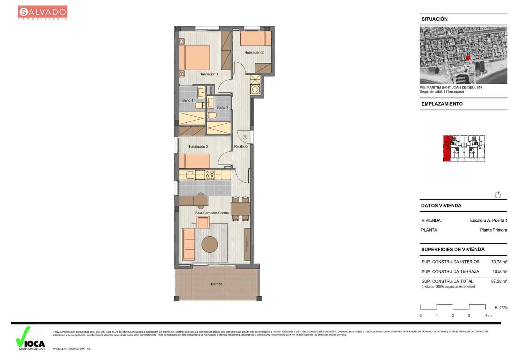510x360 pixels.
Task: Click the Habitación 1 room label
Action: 209,74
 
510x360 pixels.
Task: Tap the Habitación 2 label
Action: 254,53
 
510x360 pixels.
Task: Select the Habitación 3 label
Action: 198,147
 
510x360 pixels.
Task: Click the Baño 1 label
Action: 188,100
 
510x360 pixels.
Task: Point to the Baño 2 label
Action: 222,108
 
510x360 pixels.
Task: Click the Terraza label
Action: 216,284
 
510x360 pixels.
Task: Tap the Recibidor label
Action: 241,147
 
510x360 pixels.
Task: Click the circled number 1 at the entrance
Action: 245,137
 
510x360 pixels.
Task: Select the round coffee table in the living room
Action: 210,244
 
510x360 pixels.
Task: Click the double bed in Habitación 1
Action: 194,58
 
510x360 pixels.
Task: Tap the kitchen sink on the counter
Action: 190,175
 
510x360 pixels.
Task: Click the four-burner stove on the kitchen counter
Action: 210,175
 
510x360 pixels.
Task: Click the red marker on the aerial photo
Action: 468,58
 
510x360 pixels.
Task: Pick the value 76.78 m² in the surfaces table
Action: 499,262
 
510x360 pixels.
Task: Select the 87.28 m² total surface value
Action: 499,281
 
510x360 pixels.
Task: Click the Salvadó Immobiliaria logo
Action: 42,13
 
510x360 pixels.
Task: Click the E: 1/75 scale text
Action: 501,308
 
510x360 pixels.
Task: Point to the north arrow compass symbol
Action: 498,195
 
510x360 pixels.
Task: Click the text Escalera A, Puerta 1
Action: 488,220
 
